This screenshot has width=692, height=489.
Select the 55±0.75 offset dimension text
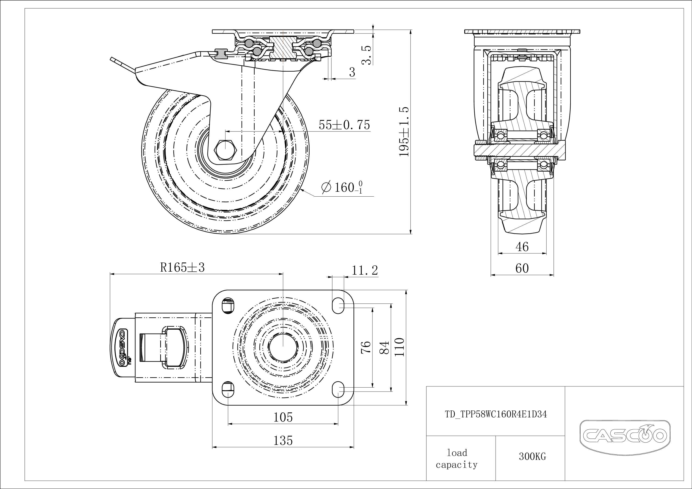[x=344, y=125]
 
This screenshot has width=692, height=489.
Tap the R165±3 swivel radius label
[x=182, y=267]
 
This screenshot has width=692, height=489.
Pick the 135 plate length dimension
[x=283, y=440]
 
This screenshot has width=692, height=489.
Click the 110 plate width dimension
[x=399, y=347]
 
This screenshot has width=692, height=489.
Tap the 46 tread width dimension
[x=522, y=247]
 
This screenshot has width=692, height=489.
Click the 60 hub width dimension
[x=522, y=268]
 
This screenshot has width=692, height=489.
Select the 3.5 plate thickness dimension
[x=366, y=55]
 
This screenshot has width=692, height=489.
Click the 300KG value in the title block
[x=532, y=456]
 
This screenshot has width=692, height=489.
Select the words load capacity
[x=457, y=459]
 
